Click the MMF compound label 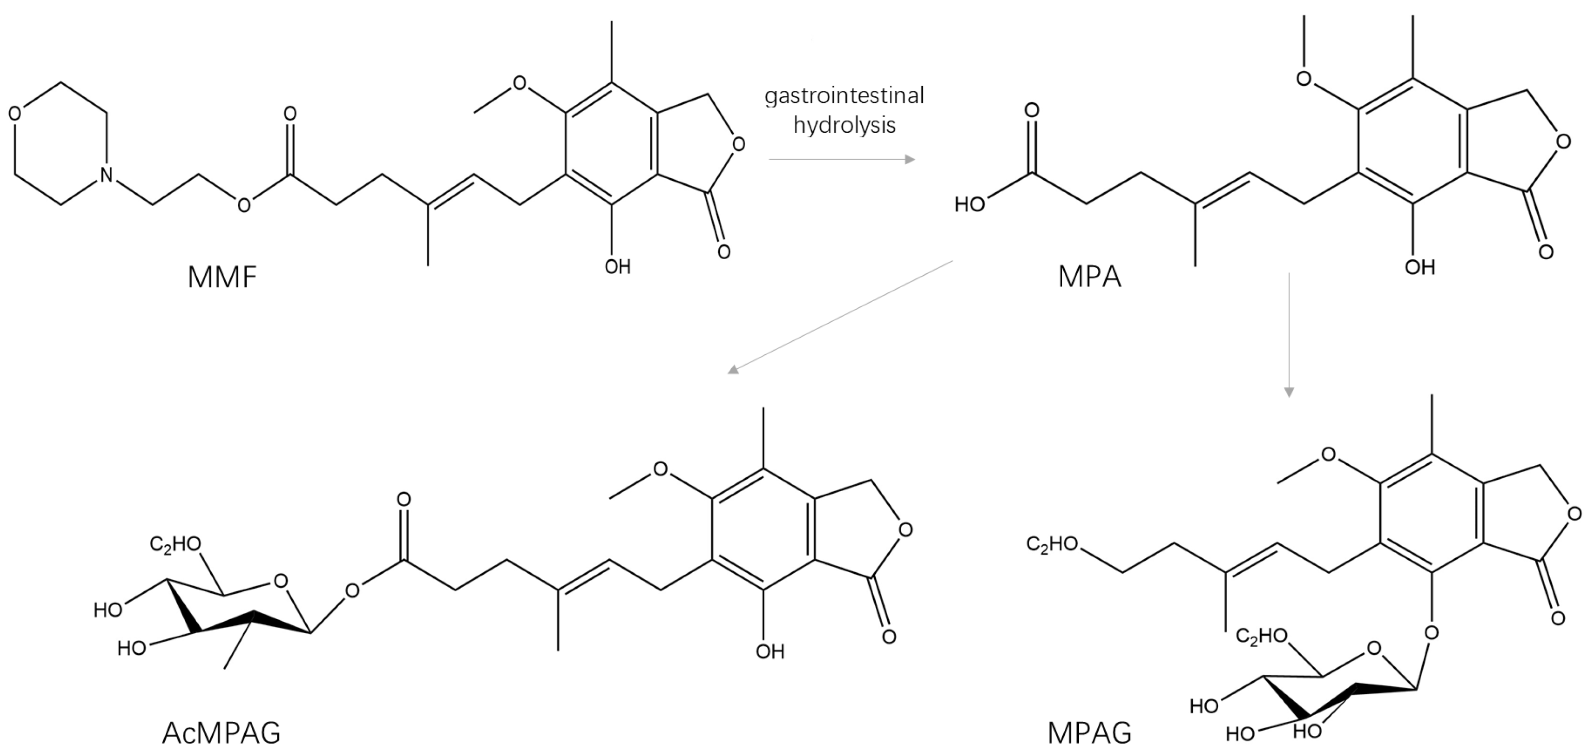point(222,278)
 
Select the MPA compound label point(1090,277)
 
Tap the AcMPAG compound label point(221,733)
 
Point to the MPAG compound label point(1090,733)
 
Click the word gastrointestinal point(844,96)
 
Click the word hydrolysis point(844,125)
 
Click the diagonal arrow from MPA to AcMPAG point(840,317)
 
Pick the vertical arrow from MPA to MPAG point(1289,334)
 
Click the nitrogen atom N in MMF point(107,175)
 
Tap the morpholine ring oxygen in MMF point(15,114)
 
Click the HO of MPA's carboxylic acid point(969,205)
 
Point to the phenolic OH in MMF point(617,266)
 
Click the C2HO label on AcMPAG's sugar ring point(175,544)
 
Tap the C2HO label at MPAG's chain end point(1052,544)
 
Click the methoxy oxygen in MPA point(1303,79)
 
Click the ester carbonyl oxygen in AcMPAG point(404,499)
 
